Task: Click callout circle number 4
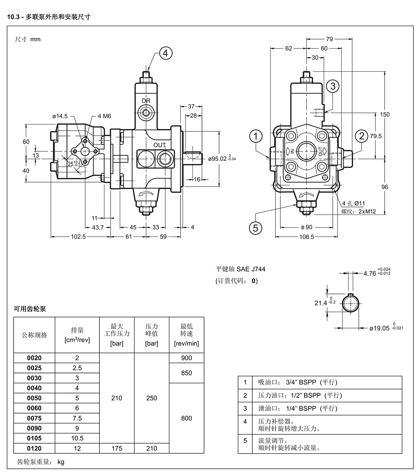[x=166, y=53]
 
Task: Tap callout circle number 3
[x=332, y=86]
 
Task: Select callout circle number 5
[x=255, y=228]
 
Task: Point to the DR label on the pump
[x=146, y=101]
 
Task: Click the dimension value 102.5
[x=78, y=237]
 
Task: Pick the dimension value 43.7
[x=98, y=228]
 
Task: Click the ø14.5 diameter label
[x=60, y=116]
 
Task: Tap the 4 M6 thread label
[x=104, y=116]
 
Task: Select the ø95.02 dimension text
[x=217, y=159]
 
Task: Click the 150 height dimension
[x=385, y=114]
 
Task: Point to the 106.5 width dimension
[x=307, y=237]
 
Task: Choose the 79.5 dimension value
[x=376, y=136]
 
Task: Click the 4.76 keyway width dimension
[x=370, y=274]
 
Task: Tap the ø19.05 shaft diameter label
[x=379, y=328]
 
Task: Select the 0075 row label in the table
[x=34, y=418]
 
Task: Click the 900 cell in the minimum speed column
[x=187, y=358]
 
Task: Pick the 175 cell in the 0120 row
[x=117, y=448]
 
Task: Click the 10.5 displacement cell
[x=77, y=438]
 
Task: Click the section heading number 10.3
[x=13, y=17]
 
